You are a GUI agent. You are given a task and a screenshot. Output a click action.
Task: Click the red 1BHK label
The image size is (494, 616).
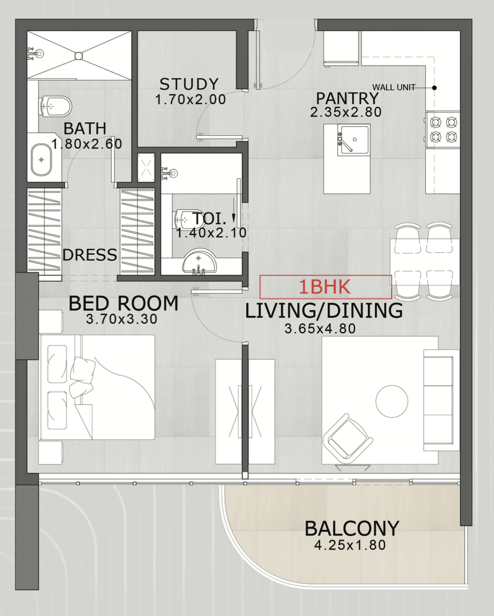pos(325,287)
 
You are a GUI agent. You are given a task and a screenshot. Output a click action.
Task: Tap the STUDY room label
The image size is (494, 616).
pos(189,84)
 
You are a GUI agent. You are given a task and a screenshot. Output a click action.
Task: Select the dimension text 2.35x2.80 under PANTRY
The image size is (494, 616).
pos(346,112)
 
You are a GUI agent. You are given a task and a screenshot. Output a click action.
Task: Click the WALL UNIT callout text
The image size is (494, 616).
pos(394,87)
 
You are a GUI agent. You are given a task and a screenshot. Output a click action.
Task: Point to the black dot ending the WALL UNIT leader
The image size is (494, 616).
pos(434,87)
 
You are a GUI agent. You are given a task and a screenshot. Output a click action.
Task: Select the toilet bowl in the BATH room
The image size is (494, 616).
pos(55,107)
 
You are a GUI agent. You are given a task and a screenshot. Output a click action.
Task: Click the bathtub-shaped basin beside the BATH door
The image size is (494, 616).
pos(42,160)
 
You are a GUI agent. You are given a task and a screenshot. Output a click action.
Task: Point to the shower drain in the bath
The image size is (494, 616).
pos(78,55)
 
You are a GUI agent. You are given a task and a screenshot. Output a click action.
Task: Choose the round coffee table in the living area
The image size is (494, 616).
pos(392,401)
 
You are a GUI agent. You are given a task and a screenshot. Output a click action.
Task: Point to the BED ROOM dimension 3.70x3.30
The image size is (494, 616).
pos(122,319)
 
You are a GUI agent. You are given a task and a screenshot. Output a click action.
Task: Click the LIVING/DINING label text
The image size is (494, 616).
pos(324,311)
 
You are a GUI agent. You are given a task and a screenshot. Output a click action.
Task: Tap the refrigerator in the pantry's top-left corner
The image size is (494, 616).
pos(341,48)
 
